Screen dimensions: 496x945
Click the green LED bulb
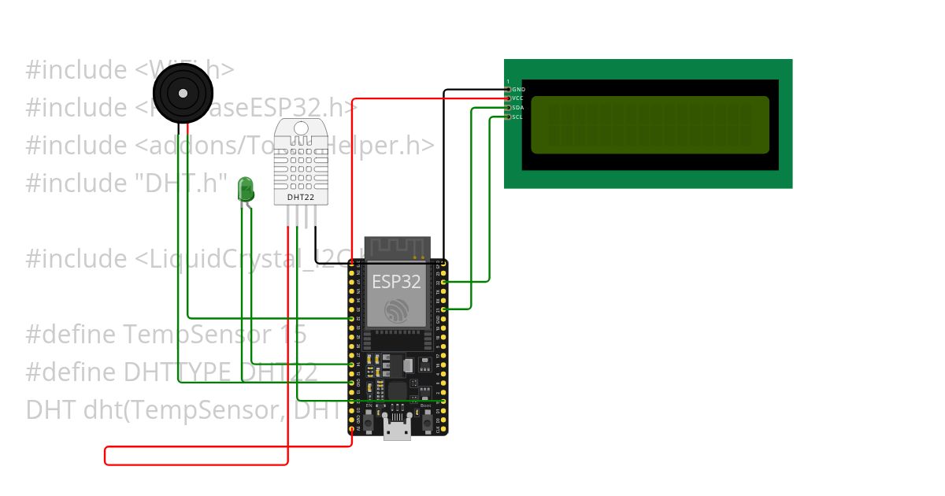[246, 188]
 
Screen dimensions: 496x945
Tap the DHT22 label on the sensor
[301, 198]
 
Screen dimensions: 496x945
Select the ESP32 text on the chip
[397, 282]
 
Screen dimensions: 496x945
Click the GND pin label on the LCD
[518, 90]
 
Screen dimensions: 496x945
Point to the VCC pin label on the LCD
[518, 98]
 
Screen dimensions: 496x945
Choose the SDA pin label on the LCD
[518, 108]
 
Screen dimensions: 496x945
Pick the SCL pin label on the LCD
[517, 117]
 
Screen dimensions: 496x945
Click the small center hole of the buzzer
[183, 93]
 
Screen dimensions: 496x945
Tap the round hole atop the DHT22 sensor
[301, 128]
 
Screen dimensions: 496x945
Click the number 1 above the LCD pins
[508, 81]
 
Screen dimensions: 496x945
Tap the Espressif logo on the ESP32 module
[397, 311]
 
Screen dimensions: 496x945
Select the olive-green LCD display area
[650, 124]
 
